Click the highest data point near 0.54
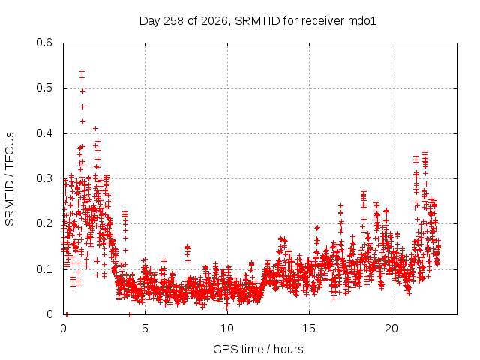pyautogui.click(x=82, y=72)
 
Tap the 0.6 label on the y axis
pyautogui.click(x=44, y=43)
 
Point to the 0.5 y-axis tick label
pyautogui.click(x=44, y=88)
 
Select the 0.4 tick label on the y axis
pyautogui.click(x=44, y=133)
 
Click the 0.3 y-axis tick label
pyautogui.click(x=44, y=178)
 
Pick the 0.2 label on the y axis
pyautogui.click(x=44, y=223)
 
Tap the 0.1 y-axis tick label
pyautogui.click(x=44, y=269)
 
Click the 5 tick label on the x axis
pyautogui.click(x=145, y=328)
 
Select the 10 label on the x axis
pyautogui.click(x=226, y=328)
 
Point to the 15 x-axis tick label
pyautogui.click(x=309, y=328)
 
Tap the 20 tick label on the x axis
pyautogui.click(x=391, y=328)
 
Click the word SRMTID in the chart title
pyautogui.click(x=257, y=21)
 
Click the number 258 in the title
pyautogui.click(x=173, y=21)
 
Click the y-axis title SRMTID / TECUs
pyautogui.click(x=10, y=179)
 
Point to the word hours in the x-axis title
pyautogui.click(x=288, y=349)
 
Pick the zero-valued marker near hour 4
pyautogui.click(x=130, y=314)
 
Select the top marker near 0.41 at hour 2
pyautogui.click(x=95, y=128)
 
